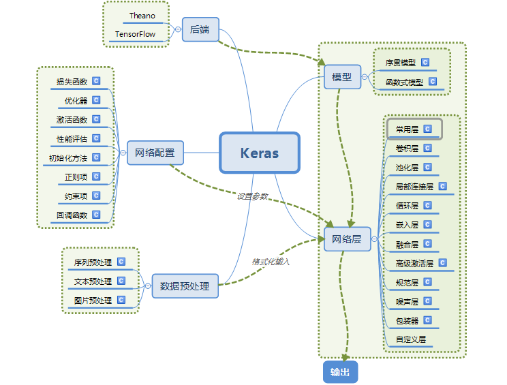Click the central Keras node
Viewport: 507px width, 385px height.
pyautogui.click(x=260, y=153)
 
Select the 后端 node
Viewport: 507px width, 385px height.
pyautogui.click(x=200, y=29)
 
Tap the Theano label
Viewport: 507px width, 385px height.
pyautogui.click(x=142, y=16)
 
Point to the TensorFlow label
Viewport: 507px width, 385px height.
pyautogui.click(x=135, y=34)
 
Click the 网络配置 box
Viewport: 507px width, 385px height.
pyautogui.click(x=155, y=153)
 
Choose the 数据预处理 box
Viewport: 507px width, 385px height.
pyautogui.click(x=185, y=286)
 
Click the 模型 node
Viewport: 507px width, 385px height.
pyautogui.click(x=342, y=77)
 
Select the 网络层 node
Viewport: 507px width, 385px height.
pyautogui.click(x=347, y=239)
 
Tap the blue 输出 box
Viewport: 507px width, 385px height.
pyautogui.click(x=340, y=371)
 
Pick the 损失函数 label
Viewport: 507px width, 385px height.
pyautogui.click(x=72, y=82)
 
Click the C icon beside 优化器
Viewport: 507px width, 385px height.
pyautogui.click(x=96, y=100)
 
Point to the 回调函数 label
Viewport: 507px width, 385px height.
pyautogui.click(x=72, y=215)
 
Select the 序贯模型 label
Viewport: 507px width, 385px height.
pyautogui.click(x=401, y=63)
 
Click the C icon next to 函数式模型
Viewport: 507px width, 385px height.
pyautogui.click(x=432, y=82)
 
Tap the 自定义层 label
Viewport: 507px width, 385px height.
pyautogui.click(x=411, y=339)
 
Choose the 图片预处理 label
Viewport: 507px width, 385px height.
pyautogui.click(x=93, y=300)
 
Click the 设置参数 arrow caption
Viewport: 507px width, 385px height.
pyautogui.click(x=252, y=196)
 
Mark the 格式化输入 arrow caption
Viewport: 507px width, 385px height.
pyautogui.click(x=271, y=261)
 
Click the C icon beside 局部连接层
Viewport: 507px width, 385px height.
pyautogui.click(x=443, y=186)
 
